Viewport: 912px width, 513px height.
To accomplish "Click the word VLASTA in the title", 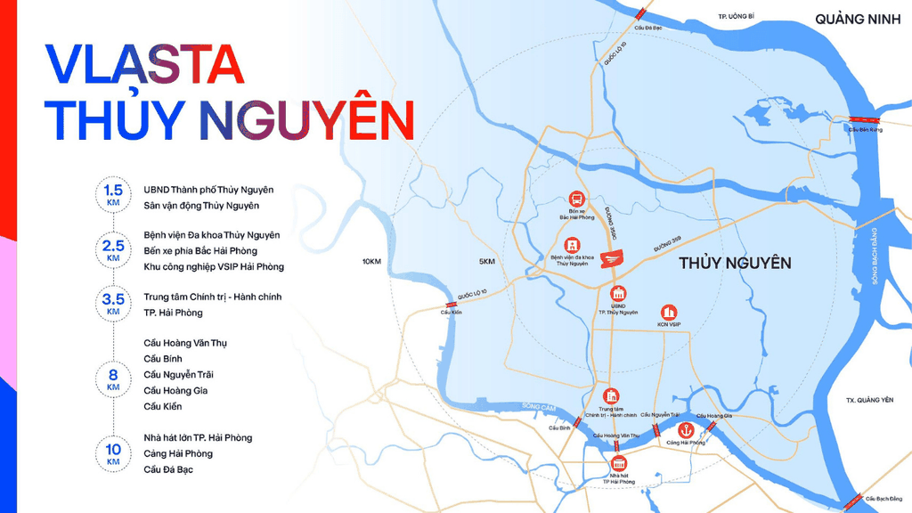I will tap(143, 63).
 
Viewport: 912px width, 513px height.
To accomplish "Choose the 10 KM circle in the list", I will tap(113, 453).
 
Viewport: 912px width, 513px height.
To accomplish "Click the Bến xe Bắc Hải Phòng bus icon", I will tap(576, 199).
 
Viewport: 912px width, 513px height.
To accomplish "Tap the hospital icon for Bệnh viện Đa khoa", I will tap(572, 244).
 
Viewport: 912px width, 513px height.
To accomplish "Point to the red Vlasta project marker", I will tap(613, 258).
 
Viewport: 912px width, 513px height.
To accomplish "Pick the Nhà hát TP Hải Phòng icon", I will tap(619, 461).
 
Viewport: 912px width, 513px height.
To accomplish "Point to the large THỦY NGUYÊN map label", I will tap(735, 263).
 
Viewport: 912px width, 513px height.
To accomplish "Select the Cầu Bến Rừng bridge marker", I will tap(863, 119).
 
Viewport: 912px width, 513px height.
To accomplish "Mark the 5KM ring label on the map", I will tap(486, 261).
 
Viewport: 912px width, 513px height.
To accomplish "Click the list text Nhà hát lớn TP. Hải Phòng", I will tap(198, 437).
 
